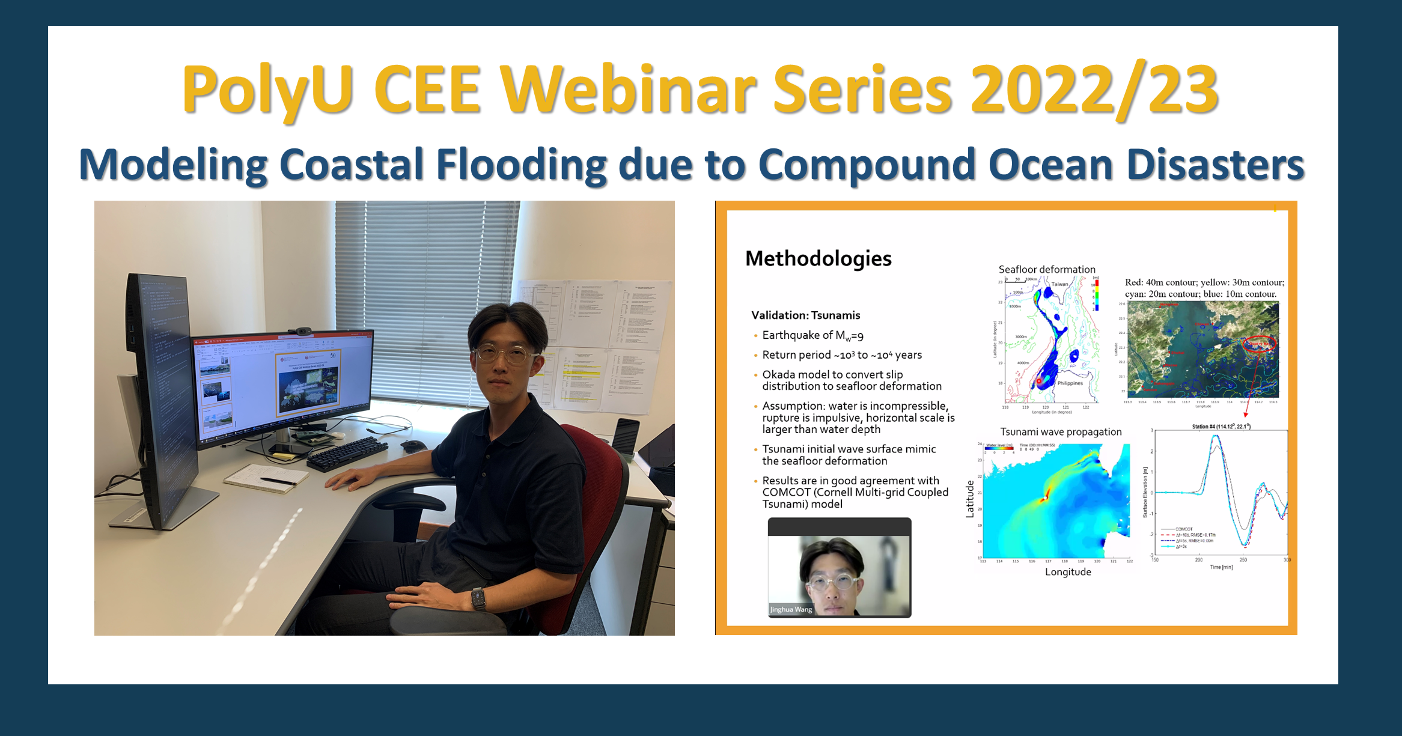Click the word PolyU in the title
point(267,90)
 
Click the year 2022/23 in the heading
point(1094,90)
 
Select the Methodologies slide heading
point(818,258)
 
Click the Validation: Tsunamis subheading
point(805,315)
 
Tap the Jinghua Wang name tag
point(791,609)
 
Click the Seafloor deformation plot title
point(1047,269)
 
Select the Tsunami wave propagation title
point(1061,431)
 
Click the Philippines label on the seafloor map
point(1070,383)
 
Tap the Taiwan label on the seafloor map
point(1059,284)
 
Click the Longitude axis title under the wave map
point(1068,572)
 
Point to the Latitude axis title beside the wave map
point(969,499)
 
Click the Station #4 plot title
point(1221,427)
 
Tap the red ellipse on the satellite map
point(1259,344)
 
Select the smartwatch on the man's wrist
point(478,598)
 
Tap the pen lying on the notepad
point(277,481)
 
